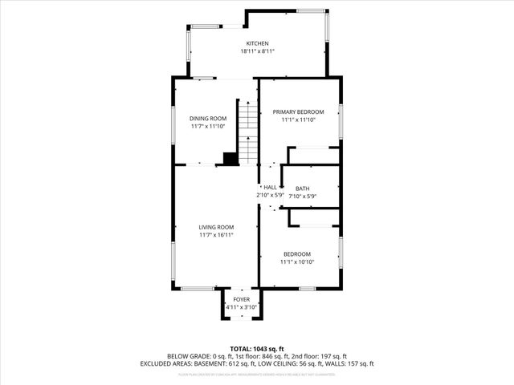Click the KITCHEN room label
pyautogui.click(x=257, y=43)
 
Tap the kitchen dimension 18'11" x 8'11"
pyautogui.click(x=257, y=51)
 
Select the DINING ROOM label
pyautogui.click(x=208, y=118)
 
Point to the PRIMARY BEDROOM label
pyautogui.click(x=298, y=111)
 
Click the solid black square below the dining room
pyautogui.click(x=230, y=159)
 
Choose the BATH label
pyautogui.click(x=302, y=188)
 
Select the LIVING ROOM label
pyautogui.click(x=216, y=227)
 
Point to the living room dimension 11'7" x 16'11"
pyautogui.click(x=216, y=235)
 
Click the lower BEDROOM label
pyautogui.click(x=296, y=254)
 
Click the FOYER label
pyautogui.click(x=241, y=299)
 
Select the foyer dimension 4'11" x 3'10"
pyautogui.click(x=241, y=306)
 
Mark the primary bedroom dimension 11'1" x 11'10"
pyautogui.click(x=298, y=120)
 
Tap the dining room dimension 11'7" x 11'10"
pyautogui.click(x=208, y=126)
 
